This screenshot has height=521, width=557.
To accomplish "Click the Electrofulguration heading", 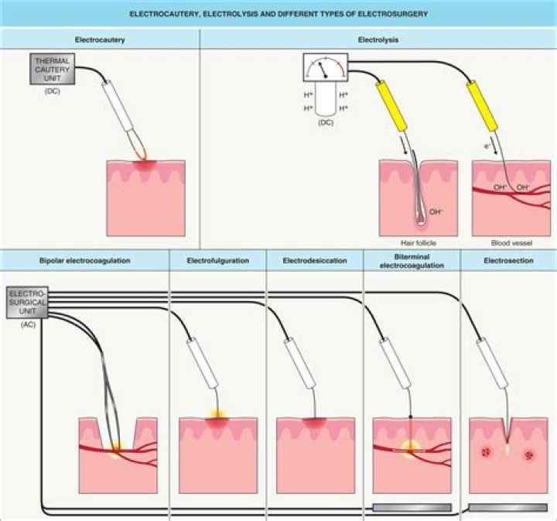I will [217, 261].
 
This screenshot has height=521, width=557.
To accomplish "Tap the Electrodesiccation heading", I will [315, 261].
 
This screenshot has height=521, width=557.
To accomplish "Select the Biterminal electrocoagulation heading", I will [412, 261].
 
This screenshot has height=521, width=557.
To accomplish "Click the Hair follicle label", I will [418, 242].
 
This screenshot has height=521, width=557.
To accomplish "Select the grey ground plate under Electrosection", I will [508, 506].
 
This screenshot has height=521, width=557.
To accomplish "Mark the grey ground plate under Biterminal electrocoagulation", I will [412, 506].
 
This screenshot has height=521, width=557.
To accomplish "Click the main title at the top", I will [278, 14].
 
